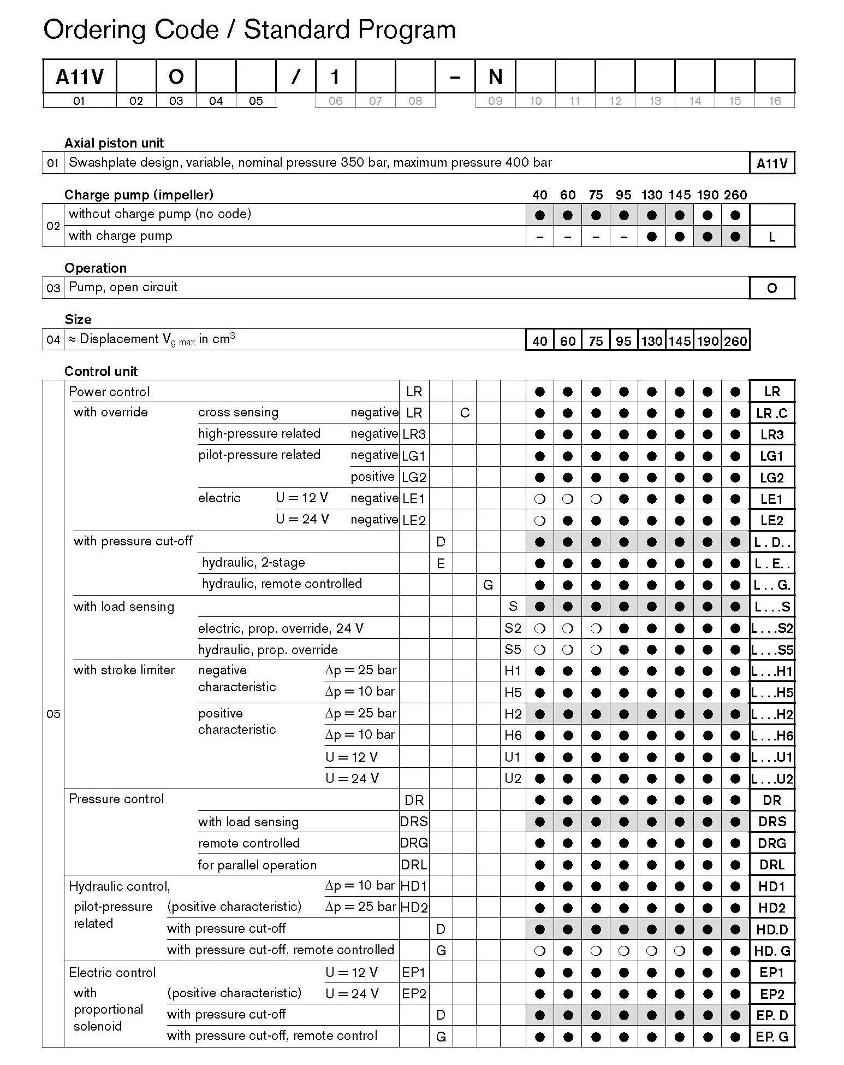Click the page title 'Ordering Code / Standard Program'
click(x=249, y=30)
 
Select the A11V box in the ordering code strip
click(x=80, y=77)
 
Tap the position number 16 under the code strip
click(x=775, y=101)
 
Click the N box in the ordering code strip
click(x=495, y=77)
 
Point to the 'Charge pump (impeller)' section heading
click(x=139, y=195)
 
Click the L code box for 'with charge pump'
click(x=772, y=237)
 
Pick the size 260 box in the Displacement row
click(x=735, y=341)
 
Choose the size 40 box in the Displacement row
click(x=540, y=341)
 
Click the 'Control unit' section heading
click(x=101, y=371)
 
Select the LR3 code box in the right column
click(x=772, y=434)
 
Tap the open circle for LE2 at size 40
click(x=540, y=521)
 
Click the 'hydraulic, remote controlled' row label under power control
click(x=282, y=584)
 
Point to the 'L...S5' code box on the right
click(x=772, y=650)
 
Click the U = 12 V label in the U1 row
click(x=352, y=757)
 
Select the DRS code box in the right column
click(x=772, y=821)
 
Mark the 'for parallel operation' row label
click(x=257, y=865)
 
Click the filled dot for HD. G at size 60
click(x=568, y=951)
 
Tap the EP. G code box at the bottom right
click(x=772, y=1037)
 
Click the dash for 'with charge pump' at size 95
click(x=624, y=237)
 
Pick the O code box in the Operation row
click(x=772, y=288)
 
